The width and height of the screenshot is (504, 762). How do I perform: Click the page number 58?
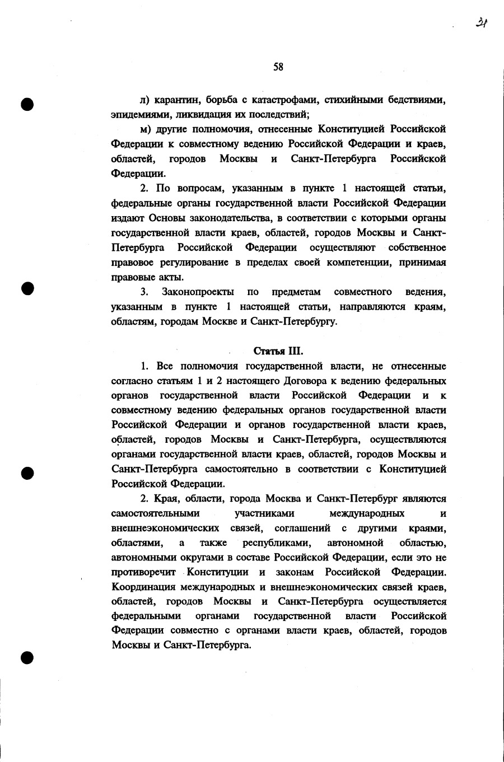click(278, 67)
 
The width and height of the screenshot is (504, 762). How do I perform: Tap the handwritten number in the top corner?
click(481, 23)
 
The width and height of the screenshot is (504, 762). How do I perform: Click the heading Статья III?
click(278, 351)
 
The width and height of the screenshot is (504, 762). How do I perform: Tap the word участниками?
click(265, 513)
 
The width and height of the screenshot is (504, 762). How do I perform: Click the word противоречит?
click(144, 573)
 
